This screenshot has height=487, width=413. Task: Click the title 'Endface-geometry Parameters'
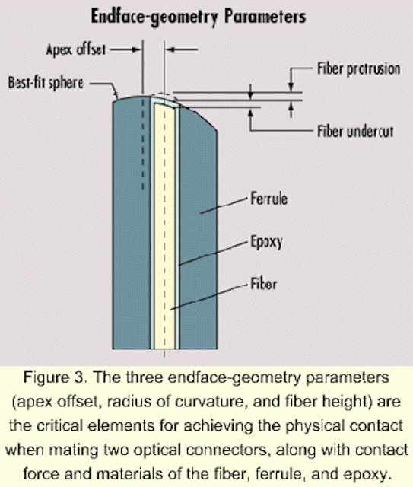199,17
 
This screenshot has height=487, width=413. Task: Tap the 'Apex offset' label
76,49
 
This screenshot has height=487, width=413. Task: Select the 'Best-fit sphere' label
46,83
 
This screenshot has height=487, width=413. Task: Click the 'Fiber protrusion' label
359,69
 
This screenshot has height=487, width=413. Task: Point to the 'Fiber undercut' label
355,131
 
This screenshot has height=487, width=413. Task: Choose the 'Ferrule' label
269,199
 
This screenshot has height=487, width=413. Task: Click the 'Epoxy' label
266,242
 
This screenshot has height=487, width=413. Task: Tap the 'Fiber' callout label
264,284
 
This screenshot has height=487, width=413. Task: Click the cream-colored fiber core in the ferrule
164,227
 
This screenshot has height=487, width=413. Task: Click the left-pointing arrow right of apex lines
182,49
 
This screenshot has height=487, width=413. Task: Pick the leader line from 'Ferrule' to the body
225,205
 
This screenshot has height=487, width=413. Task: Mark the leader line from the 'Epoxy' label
215,253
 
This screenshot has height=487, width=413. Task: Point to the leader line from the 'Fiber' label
211,298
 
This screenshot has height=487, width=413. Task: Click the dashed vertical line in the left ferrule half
143,143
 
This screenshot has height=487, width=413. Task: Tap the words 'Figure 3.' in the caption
54,377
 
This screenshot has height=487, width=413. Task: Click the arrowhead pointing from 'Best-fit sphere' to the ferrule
116,94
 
